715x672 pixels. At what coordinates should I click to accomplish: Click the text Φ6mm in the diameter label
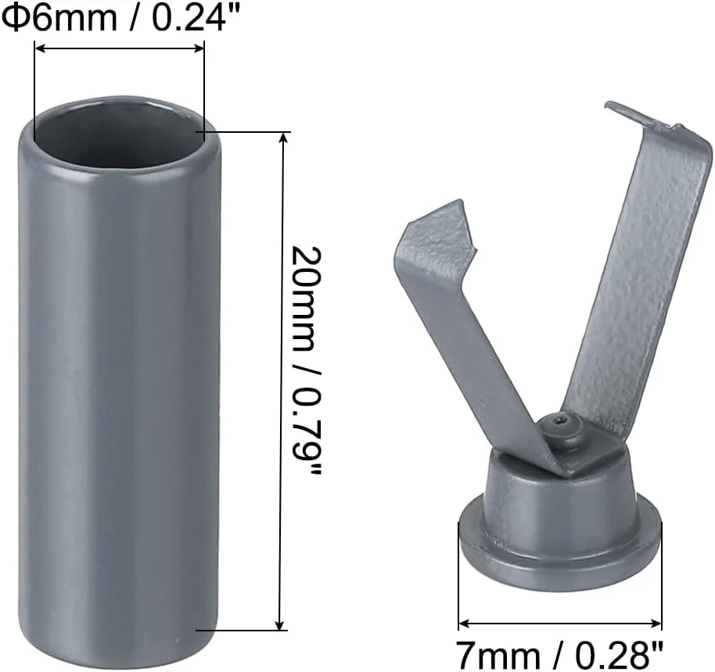tap(59, 18)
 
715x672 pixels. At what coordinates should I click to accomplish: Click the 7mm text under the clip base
tap(498, 656)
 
